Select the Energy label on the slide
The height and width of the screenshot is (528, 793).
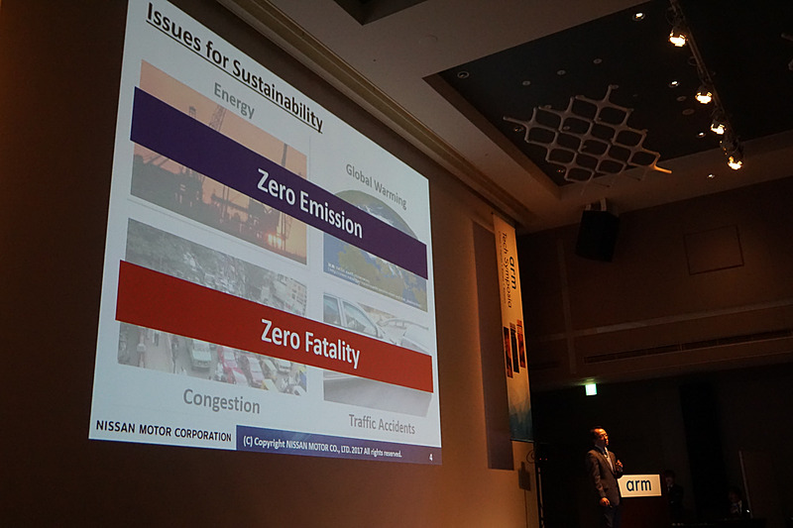(234, 99)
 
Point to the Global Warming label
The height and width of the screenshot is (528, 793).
(376, 184)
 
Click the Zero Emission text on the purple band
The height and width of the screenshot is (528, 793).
(308, 203)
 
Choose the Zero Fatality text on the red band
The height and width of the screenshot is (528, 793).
(309, 343)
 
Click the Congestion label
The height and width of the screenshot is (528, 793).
(221, 401)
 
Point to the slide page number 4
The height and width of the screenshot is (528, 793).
(430, 458)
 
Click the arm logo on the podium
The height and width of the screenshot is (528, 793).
(639, 485)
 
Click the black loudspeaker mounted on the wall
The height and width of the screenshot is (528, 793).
(597, 236)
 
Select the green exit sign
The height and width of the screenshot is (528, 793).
(591, 388)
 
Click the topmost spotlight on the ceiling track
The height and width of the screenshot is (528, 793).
(678, 37)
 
